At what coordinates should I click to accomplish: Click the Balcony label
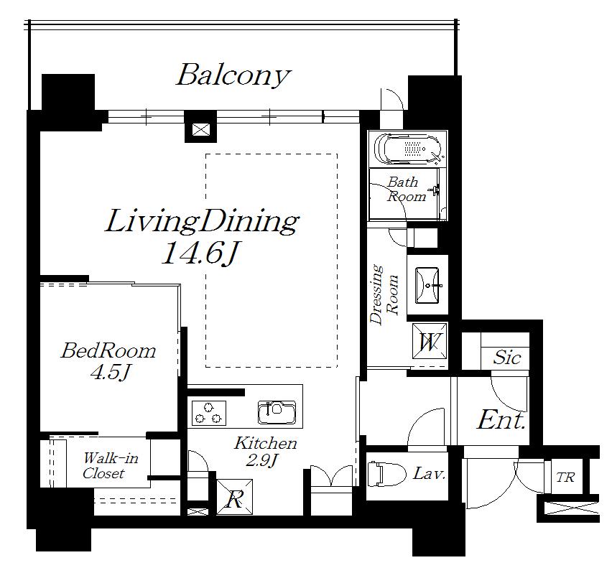(x=233, y=75)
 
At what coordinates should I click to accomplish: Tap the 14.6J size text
(x=200, y=253)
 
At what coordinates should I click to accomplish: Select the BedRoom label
(x=108, y=350)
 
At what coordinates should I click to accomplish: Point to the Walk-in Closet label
(x=111, y=465)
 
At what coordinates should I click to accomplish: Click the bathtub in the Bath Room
(x=408, y=149)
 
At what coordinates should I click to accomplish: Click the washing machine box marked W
(x=430, y=343)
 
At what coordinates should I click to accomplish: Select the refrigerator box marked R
(x=235, y=497)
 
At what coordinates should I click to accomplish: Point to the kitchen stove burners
(x=209, y=413)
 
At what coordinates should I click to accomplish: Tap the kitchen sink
(x=277, y=412)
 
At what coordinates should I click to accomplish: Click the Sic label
(x=506, y=357)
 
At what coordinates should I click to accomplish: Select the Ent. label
(x=501, y=420)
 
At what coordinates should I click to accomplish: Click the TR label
(x=565, y=477)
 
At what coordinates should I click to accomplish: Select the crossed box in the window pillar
(x=201, y=129)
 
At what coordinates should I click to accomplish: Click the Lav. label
(x=429, y=473)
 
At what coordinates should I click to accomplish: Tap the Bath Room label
(x=406, y=189)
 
